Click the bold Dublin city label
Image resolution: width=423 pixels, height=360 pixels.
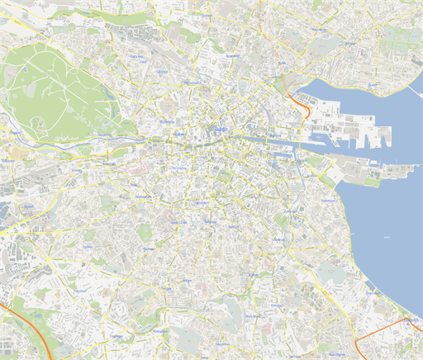click(221, 130)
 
